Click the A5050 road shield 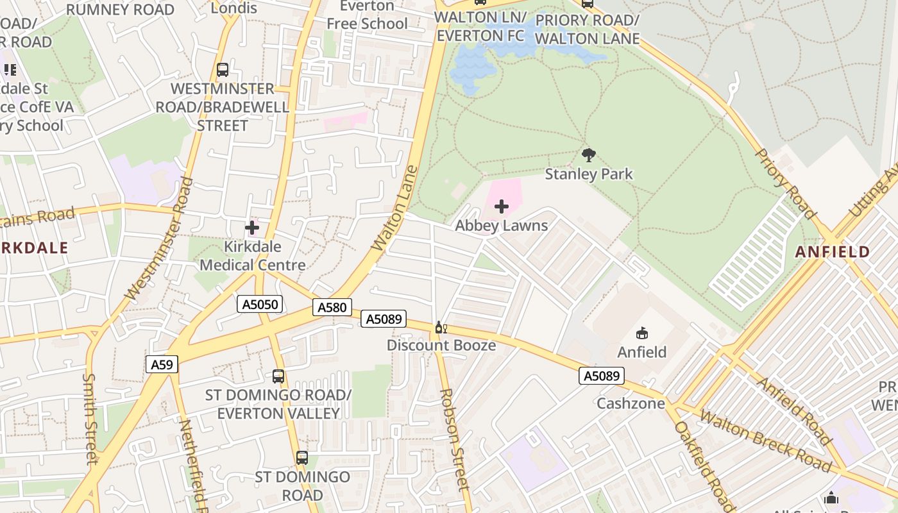point(260,304)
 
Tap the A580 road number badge point(333,308)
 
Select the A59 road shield point(162,365)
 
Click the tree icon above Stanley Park point(588,155)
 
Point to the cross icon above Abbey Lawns point(502,206)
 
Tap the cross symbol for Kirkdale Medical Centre point(252,228)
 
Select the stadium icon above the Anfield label point(641,333)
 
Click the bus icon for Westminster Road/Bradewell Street point(223,70)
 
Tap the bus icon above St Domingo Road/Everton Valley point(278,376)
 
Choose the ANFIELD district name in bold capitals point(832,252)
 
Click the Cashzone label point(630,403)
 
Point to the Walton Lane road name point(394,208)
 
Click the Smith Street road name point(91,419)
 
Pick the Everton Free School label point(367,15)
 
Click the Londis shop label point(234,8)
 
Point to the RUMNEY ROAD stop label point(120,10)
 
